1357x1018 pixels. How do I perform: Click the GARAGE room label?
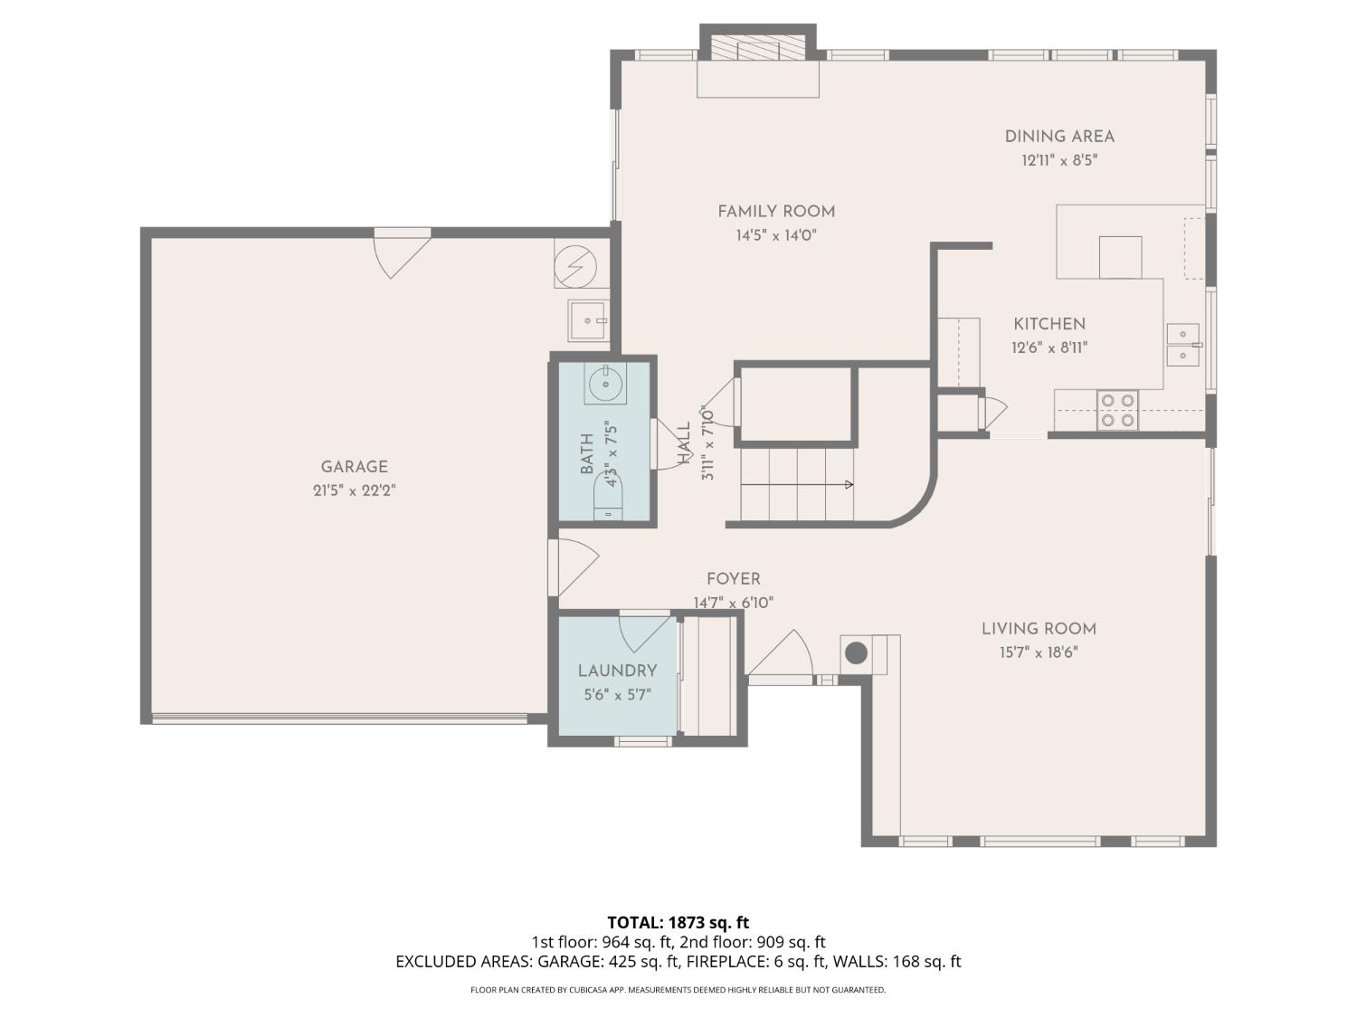click(354, 467)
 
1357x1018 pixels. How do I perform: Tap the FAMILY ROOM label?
click(776, 212)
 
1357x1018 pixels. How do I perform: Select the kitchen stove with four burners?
click(1117, 410)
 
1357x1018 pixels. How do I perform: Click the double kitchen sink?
click(1182, 345)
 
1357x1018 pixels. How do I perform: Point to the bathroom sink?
click(604, 384)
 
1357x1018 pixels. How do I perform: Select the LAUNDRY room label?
click(617, 671)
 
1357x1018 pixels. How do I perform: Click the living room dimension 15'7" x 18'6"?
click(1039, 652)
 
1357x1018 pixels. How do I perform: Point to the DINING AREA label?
click(1059, 137)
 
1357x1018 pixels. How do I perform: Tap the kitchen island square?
click(1120, 257)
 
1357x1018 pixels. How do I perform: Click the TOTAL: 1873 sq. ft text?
click(678, 923)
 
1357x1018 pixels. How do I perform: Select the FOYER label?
click(733, 579)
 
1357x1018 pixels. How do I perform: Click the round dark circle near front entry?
click(856, 652)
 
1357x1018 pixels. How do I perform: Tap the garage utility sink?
click(588, 320)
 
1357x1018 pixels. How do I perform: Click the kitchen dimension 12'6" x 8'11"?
click(1049, 347)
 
